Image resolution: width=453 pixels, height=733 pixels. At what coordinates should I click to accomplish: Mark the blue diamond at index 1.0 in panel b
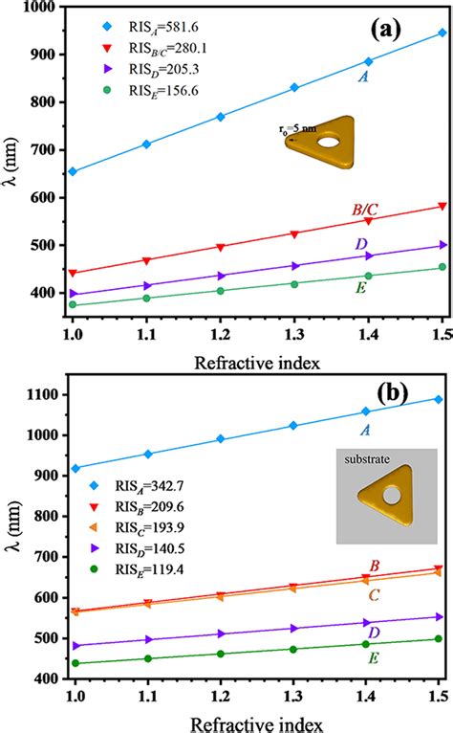(73, 468)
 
